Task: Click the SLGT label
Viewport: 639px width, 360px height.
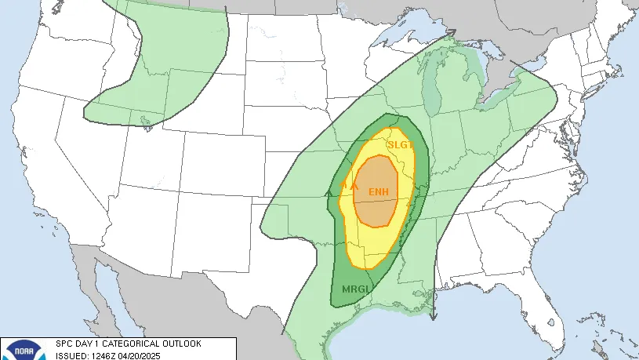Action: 400,145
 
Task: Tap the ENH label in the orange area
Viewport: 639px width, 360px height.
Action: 379,192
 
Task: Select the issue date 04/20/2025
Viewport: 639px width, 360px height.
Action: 140,355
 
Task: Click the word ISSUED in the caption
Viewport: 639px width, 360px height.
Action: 70,355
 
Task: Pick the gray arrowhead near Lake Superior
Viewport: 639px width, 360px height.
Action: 451,32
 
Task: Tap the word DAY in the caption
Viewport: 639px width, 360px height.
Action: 84,344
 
